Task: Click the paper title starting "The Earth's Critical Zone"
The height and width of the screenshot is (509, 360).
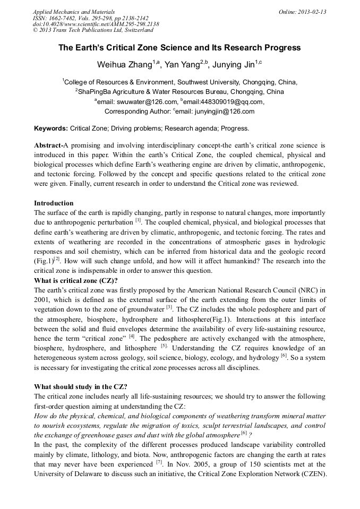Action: coord(179,48)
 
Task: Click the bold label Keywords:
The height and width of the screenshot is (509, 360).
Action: coord(51,128)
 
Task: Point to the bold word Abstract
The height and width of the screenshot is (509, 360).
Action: coord(48,145)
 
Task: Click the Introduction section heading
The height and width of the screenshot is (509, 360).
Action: coord(54,203)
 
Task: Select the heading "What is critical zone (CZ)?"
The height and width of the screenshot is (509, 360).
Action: coord(76,281)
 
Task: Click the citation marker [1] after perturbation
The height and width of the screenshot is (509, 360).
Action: coord(138,220)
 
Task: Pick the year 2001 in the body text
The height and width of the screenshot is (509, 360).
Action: coord(42,300)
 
